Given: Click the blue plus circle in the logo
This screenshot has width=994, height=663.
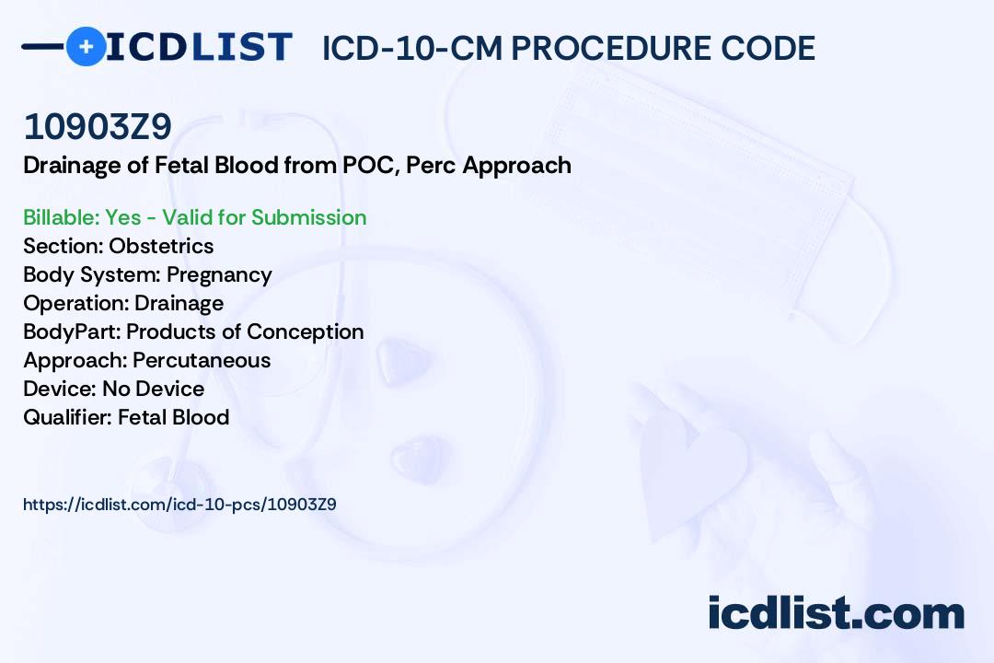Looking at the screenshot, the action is (x=87, y=46).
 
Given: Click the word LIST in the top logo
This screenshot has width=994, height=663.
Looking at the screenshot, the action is (x=241, y=47).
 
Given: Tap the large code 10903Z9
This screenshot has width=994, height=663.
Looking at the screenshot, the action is (x=98, y=126).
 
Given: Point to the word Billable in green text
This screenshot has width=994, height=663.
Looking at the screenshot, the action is (x=61, y=217).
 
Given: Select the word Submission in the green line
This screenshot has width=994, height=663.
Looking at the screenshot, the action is (x=308, y=217).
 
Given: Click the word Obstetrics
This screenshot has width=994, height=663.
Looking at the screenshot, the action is (x=161, y=246).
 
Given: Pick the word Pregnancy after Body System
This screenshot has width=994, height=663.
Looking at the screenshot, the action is (x=219, y=275).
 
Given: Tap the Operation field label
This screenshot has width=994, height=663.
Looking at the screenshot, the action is (x=76, y=304).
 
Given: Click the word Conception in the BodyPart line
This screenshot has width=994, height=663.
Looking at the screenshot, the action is (x=305, y=331).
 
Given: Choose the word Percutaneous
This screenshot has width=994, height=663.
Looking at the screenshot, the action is (x=202, y=360).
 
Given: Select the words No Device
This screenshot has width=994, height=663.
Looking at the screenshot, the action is (x=154, y=389).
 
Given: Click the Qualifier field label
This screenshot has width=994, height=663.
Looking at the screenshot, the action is (x=68, y=417).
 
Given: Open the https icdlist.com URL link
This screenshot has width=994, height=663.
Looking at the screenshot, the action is (x=180, y=505).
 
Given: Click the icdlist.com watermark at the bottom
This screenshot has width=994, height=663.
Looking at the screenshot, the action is (x=836, y=612).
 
